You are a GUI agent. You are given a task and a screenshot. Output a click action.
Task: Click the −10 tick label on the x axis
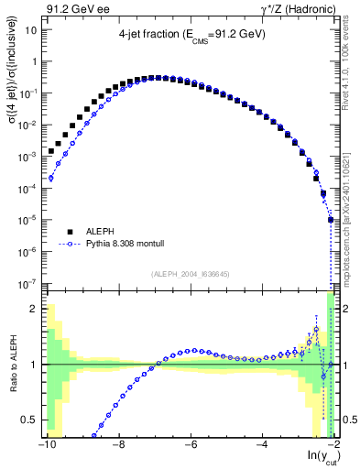pos(46,445)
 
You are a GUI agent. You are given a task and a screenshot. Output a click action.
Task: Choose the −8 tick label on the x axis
pos(117,445)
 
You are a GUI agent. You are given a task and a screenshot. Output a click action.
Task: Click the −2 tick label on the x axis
pos(332,445)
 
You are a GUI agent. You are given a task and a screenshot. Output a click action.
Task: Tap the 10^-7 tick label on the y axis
pos(27,283)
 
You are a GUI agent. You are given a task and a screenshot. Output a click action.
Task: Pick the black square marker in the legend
pos(70,233)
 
